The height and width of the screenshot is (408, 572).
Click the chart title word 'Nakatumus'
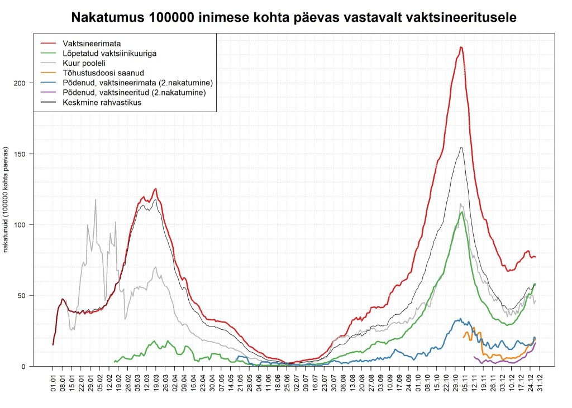107,17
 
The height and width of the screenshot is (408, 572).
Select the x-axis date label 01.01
53,380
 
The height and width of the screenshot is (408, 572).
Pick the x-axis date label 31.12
540,380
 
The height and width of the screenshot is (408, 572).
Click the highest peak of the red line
461,47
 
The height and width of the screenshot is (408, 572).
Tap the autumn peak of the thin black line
461,147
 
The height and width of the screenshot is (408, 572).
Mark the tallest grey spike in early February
96,199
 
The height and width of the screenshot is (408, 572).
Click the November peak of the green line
462,212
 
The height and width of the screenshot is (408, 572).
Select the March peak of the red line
156,189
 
